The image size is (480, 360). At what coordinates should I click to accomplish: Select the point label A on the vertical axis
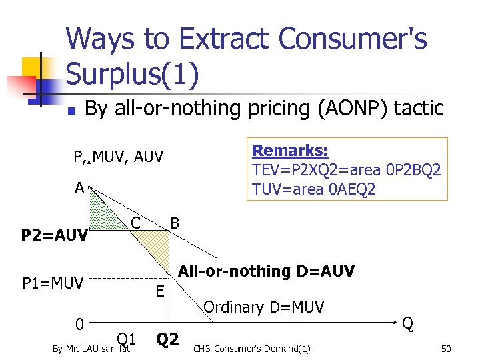click(x=79, y=189)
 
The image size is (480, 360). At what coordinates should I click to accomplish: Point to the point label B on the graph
click(x=175, y=223)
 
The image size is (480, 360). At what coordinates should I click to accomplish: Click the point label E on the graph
click(x=160, y=291)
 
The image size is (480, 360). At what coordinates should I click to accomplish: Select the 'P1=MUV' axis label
click(x=53, y=284)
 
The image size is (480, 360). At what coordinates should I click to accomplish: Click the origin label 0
click(x=79, y=325)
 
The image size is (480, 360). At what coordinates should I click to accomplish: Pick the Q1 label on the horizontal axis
click(x=127, y=339)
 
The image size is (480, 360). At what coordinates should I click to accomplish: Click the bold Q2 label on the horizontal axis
click(x=167, y=340)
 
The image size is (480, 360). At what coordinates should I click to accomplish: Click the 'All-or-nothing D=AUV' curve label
click(x=267, y=271)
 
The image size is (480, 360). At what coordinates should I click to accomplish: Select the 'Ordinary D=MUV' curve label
click(x=263, y=307)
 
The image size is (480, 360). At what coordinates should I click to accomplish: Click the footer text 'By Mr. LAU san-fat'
click(x=91, y=349)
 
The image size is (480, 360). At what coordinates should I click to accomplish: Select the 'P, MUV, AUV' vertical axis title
click(x=118, y=158)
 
